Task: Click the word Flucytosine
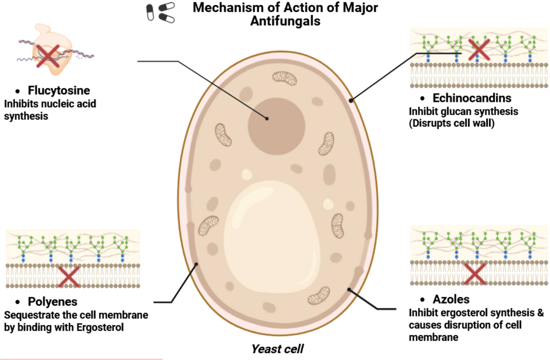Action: coord(59,91)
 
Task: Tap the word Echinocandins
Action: coord(472,98)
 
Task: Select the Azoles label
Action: coord(451,300)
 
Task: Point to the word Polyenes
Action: coord(52,302)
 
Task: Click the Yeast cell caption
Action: coord(277,349)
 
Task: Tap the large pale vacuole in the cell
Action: coord(271,239)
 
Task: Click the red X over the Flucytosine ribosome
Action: coord(48,56)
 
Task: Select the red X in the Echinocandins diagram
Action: coord(479,50)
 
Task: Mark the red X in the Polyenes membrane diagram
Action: coord(69,277)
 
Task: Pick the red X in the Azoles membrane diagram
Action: coord(475,274)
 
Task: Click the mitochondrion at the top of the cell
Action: coord(284,78)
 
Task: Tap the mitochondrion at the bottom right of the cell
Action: coord(319,295)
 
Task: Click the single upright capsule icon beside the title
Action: coord(150,12)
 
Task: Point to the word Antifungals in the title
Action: coord(285,21)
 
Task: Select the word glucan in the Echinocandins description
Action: coord(453,112)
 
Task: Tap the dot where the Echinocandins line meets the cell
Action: coord(351,101)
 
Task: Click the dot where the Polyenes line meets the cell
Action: coord(196,264)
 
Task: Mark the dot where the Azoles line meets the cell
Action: coord(349,290)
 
